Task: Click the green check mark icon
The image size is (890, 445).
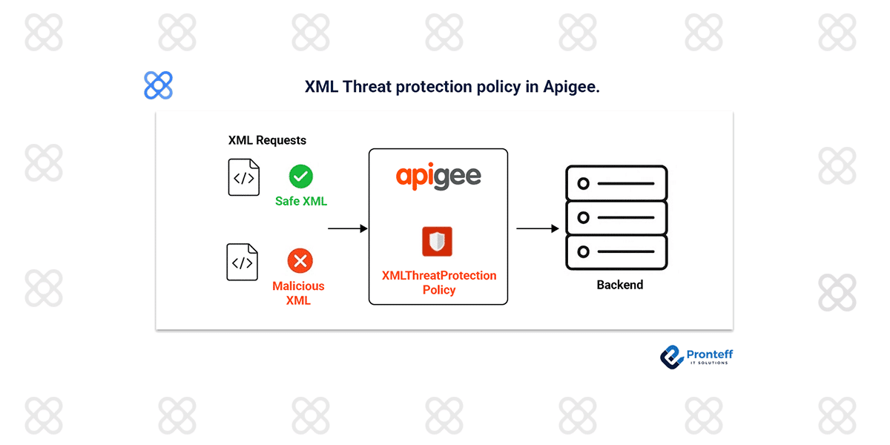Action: [x=300, y=177]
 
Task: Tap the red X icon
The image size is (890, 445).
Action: [x=300, y=260]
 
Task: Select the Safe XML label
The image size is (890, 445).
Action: [x=301, y=201]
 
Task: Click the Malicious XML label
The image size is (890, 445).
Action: [x=298, y=293]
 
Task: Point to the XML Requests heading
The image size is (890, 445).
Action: [x=267, y=140]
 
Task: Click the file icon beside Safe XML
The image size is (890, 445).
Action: [x=244, y=177]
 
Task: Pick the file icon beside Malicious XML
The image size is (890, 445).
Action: [x=243, y=263]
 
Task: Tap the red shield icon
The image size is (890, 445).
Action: [x=438, y=242]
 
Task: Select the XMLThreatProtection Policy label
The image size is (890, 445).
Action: [x=439, y=283]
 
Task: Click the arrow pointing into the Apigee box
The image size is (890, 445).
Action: [x=347, y=229]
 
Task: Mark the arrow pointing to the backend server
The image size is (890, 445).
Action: [x=537, y=229]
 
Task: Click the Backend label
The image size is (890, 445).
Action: [x=620, y=285]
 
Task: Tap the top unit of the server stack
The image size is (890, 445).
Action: [x=616, y=183]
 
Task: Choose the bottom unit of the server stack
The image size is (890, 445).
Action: [x=616, y=252]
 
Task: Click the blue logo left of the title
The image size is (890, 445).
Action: [x=158, y=85]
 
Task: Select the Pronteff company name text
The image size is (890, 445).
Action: [x=710, y=355]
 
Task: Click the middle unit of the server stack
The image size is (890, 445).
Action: [x=616, y=218]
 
